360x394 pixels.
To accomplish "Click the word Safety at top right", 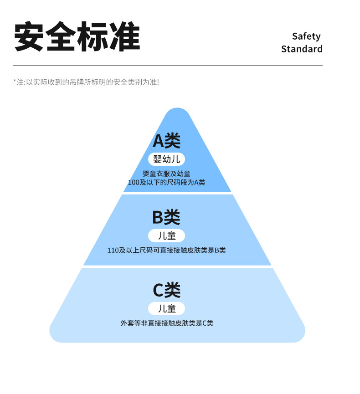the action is pyautogui.click(x=306, y=36).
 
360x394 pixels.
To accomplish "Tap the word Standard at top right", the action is pyautogui.click(x=302, y=49).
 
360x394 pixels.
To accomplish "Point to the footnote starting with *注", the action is pyautogui.click(x=86, y=82).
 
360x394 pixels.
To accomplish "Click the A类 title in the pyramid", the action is pyautogui.click(x=167, y=141).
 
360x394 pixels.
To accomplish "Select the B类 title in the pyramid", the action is pyautogui.click(x=166, y=217).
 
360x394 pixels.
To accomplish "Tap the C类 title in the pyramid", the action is pyautogui.click(x=166, y=290).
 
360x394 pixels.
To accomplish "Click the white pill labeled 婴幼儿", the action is pyautogui.click(x=167, y=159).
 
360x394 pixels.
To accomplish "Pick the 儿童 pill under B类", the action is pyautogui.click(x=167, y=235).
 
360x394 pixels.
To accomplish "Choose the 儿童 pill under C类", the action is pyautogui.click(x=167, y=308).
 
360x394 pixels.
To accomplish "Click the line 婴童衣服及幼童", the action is pyautogui.click(x=166, y=174).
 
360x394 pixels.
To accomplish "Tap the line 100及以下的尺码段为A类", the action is pyautogui.click(x=166, y=183).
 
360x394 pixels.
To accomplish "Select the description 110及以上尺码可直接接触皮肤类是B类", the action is pyautogui.click(x=166, y=250).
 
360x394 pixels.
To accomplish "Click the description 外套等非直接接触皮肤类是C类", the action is pyautogui.click(x=167, y=323).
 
